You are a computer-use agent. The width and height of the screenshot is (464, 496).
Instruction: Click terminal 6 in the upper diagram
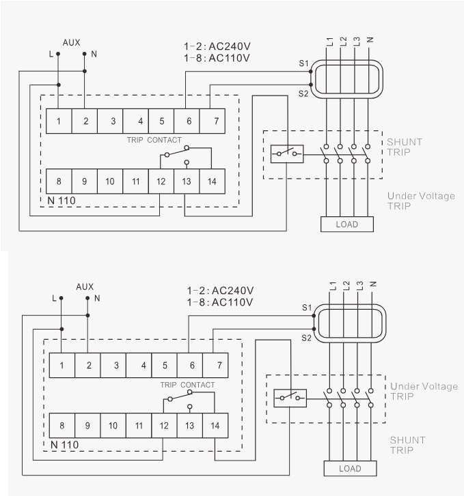coord(187,121)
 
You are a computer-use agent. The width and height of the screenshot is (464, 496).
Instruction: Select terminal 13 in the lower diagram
coord(189,425)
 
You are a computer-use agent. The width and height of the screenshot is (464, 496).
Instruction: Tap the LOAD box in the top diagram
coord(347,224)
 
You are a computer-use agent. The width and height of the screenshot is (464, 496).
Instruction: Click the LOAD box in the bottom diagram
coord(350,469)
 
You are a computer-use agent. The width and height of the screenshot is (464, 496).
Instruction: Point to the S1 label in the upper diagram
coord(304,63)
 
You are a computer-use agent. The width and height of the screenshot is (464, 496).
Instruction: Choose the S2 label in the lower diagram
coord(307,338)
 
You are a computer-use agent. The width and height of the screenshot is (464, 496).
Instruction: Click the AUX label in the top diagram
coord(71,42)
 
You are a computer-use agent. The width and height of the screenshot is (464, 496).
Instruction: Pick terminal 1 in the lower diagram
coord(62,365)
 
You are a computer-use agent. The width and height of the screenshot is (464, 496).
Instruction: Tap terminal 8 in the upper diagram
coord(59,181)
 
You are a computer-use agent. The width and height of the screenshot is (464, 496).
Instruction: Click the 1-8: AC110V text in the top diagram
coord(217,58)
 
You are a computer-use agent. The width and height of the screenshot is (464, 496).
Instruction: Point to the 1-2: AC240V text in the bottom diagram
coord(219,290)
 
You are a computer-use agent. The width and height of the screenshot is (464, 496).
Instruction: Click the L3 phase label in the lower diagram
coord(360,287)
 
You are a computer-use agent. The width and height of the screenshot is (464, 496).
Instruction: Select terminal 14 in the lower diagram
coord(215,425)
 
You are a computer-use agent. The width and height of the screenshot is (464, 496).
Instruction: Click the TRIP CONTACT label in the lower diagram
coord(187,385)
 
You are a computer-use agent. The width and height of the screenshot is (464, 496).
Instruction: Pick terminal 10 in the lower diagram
coord(113,425)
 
